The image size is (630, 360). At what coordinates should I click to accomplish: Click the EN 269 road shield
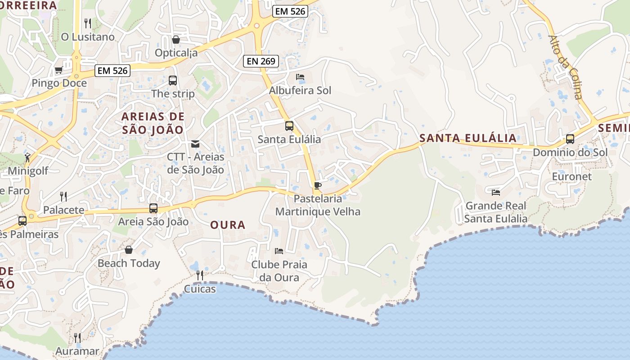click(261, 61)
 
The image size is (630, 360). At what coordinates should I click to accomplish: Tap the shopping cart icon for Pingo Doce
click(58, 70)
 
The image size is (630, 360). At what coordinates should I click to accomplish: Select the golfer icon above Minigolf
click(28, 157)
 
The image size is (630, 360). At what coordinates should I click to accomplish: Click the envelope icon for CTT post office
click(195, 144)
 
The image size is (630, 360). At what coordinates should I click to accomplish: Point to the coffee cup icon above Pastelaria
click(318, 185)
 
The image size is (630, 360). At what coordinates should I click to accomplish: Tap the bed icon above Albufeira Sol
click(300, 77)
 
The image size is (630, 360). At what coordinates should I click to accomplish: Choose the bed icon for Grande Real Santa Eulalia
click(496, 192)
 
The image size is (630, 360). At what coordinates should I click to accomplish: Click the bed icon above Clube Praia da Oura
click(279, 251)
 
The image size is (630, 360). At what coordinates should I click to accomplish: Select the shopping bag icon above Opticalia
click(176, 40)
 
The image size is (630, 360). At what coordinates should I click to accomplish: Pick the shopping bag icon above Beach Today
click(129, 250)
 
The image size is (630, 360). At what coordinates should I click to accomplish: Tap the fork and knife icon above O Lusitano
click(88, 23)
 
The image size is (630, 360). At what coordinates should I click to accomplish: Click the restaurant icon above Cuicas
click(200, 275)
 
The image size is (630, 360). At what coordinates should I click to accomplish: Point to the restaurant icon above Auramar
click(77, 337)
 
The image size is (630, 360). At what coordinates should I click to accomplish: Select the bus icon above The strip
click(173, 81)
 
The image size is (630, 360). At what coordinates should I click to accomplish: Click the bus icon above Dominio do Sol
click(570, 139)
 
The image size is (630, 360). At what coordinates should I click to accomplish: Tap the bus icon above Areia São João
click(153, 208)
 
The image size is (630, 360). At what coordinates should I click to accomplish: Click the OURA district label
click(228, 225)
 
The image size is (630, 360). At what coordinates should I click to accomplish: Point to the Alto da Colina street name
click(566, 67)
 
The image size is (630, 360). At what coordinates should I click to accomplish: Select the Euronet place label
click(572, 176)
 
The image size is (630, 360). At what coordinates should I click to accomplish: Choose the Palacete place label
click(63, 210)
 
